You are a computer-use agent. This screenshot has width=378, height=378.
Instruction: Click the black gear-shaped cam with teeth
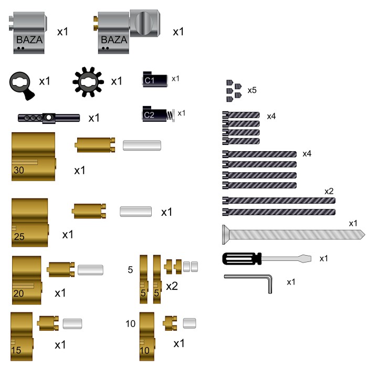(88, 82)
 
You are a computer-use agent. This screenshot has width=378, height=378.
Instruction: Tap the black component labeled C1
(155, 79)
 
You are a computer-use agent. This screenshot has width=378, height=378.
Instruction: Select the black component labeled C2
(154, 114)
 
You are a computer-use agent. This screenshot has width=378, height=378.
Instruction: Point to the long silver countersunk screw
(293, 235)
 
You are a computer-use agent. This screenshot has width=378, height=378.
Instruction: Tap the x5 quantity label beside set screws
(252, 90)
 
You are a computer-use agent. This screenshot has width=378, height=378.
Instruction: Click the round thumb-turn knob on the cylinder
(144, 23)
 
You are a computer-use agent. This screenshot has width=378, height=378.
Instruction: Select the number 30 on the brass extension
(19, 170)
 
